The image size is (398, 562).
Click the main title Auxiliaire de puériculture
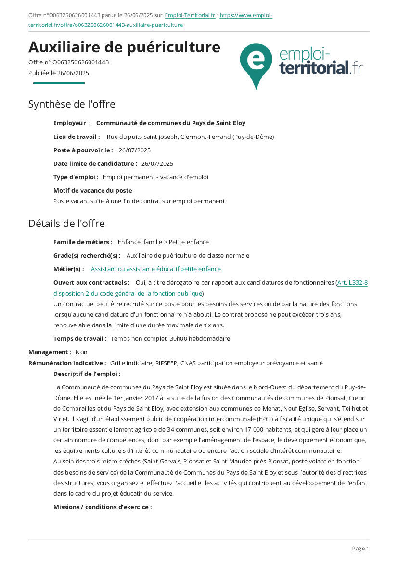click(124, 48)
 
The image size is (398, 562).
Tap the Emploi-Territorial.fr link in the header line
click(190, 15)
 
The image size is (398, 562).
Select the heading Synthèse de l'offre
click(72, 104)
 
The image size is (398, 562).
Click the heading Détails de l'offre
click(66, 224)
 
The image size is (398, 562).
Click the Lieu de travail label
click(77, 137)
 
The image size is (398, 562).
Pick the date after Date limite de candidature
click(157, 164)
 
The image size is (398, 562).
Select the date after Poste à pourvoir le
click(134, 150)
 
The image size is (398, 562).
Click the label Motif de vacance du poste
click(92, 191)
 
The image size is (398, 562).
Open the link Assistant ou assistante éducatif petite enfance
click(155, 269)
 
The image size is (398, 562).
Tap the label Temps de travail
click(80, 339)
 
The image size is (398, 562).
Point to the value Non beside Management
click(81, 352)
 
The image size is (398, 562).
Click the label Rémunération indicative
click(67, 363)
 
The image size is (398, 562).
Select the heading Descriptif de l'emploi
click(87, 374)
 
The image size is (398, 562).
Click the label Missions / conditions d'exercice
click(103, 507)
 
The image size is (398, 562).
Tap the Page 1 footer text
click(360, 549)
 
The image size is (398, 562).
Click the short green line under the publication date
click(59, 83)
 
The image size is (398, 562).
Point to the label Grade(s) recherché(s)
click(87, 256)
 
